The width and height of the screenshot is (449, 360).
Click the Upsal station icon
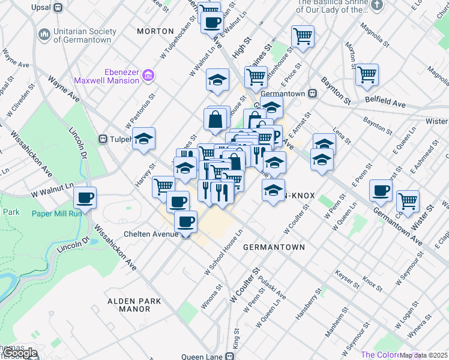(x=58, y=8)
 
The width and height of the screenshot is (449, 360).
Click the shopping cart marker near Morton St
(x=367, y=75)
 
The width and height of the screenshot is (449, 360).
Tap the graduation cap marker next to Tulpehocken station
(x=143, y=138)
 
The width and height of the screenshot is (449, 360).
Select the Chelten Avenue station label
(x=150, y=233)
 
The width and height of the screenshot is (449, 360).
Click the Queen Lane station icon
(x=230, y=356)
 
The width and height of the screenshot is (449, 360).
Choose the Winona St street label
(x=207, y=298)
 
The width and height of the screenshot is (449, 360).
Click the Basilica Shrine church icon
(x=376, y=6)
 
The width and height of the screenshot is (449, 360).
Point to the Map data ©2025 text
(x=424, y=355)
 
